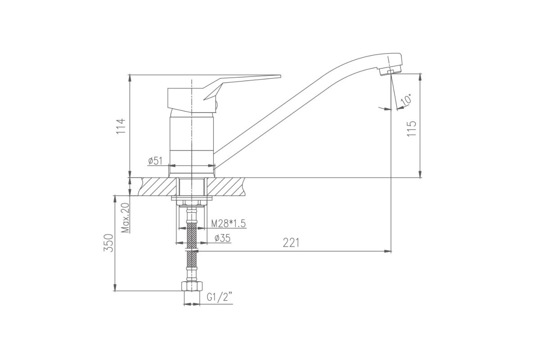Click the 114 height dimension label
(x=121, y=126)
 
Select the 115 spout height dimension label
(x=411, y=129)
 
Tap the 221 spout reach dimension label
(x=291, y=243)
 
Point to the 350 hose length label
(x=108, y=243)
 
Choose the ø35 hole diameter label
(x=222, y=238)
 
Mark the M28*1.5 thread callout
(x=228, y=224)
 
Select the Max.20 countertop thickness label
(x=126, y=218)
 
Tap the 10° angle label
(x=406, y=100)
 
